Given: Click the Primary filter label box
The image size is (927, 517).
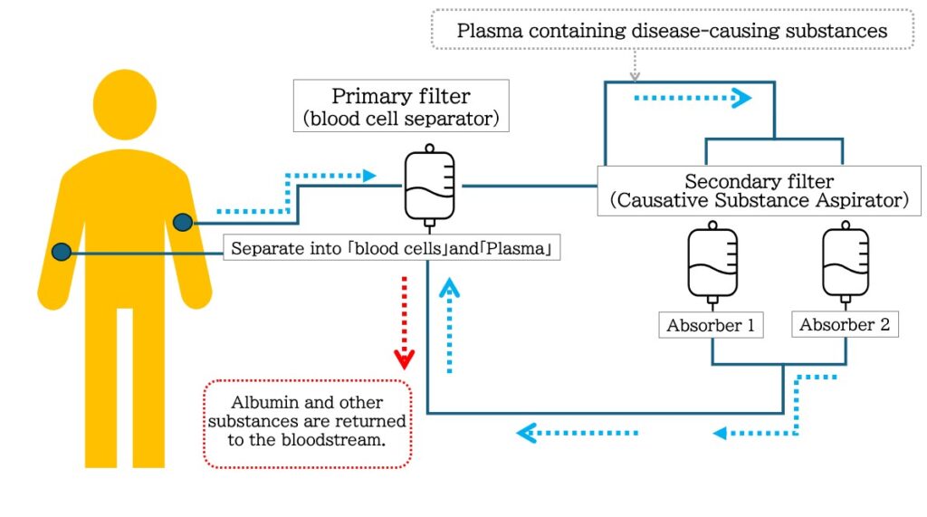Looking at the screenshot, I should [401, 106].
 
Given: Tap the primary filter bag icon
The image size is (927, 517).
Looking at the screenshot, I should [430, 187].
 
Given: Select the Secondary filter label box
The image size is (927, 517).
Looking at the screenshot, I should [760, 191].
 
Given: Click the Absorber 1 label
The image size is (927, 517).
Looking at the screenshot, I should [711, 325].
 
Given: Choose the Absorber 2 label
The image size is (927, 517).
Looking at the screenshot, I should [845, 324].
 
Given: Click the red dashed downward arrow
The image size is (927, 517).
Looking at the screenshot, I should [404, 321].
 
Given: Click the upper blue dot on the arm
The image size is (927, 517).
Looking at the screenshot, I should [183, 221].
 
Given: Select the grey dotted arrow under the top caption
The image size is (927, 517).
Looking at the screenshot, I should [635, 64].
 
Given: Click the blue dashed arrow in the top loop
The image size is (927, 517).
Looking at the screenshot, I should [693, 97].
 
